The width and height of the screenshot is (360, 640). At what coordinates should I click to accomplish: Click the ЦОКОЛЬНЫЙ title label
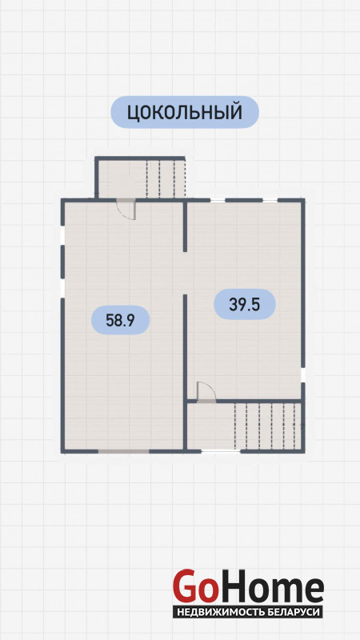click(x=185, y=112)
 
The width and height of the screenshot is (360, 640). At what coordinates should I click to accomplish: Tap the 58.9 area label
click(x=121, y=320)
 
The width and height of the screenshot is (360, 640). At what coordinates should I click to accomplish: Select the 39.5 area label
click(x=245, y=304)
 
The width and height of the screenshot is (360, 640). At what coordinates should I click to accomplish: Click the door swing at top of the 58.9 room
click(x=126, y=210)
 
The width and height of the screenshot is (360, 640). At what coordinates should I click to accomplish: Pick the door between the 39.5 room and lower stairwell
click(x=206, y=392)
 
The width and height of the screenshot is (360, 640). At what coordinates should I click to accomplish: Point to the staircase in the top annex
click(x=166, y=178)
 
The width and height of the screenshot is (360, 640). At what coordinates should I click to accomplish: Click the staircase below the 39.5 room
click(x=267, y=426)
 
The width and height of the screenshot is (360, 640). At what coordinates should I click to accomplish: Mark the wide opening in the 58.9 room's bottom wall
click(x=123, y=451)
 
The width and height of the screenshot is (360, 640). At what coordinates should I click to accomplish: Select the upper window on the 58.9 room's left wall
click(x=63, y=236)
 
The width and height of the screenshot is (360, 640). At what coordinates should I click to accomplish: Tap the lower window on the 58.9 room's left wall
click(x=63, y=288)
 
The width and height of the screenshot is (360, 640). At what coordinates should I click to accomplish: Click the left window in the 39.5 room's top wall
click(x=218, y=200)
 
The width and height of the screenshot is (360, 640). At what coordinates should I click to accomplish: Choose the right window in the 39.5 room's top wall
click(x=270, y=200)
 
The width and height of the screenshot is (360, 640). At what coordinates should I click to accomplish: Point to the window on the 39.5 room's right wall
click(x=303, y=374)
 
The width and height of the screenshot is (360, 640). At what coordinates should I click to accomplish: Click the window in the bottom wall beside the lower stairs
click(x=221, y=451)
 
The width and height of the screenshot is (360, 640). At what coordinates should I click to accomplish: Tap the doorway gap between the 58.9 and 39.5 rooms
click(x=185, y=273)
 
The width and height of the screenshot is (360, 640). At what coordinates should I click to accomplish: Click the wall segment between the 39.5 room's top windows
click(x=244, y=200)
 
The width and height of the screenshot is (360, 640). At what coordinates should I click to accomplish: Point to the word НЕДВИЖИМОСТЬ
click(x=220, y=612)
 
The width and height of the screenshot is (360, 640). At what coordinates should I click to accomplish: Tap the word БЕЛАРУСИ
click(x=293, y=612)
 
